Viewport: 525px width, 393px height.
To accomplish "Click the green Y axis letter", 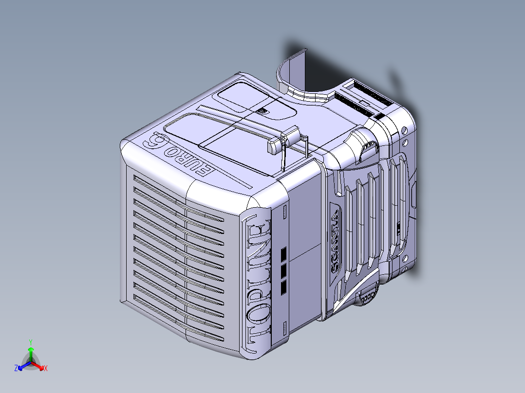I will (x=30, y=342).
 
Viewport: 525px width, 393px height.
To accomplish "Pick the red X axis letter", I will (x=46, y=369).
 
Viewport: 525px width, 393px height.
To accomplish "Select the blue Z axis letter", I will (x=16, y=369).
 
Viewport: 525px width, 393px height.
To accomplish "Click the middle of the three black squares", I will (x=284, y=270).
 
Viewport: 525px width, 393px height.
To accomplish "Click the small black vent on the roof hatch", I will (x=262, y=111).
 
